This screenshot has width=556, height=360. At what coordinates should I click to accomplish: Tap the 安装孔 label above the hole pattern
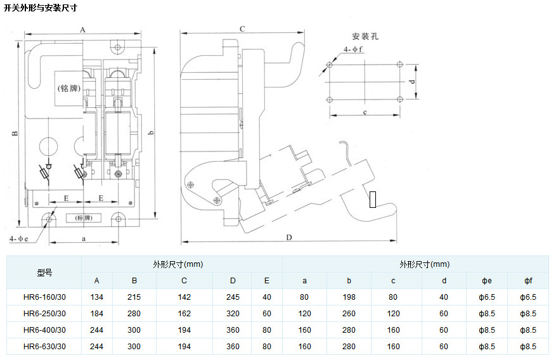[x=365, y=36]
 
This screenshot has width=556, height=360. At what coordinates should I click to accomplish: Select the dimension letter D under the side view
[x=288, y=238]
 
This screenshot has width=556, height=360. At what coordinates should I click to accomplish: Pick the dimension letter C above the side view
[x=242, y=29]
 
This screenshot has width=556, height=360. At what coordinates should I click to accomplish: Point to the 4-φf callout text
[x=353, y=49]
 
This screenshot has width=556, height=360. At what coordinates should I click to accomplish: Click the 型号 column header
[x=44, y=273]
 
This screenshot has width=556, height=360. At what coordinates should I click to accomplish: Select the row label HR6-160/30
[x=44, y=297]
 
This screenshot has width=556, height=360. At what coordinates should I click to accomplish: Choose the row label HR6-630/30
[x=44, y=347]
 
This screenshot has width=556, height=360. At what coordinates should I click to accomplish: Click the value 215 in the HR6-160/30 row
[x=134, y=297]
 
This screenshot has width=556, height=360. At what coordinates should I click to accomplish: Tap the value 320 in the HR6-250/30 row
[x=233, y=314]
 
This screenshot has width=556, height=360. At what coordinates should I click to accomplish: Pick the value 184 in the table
[x=97, y=314]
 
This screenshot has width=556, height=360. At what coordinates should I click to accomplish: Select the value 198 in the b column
[x=349, y=297]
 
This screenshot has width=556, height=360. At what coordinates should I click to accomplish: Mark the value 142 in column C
[x=184, y=297]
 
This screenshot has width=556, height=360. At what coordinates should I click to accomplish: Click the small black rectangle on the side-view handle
[x=373, y=199]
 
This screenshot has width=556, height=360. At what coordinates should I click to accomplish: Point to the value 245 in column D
[x=233, y=297]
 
